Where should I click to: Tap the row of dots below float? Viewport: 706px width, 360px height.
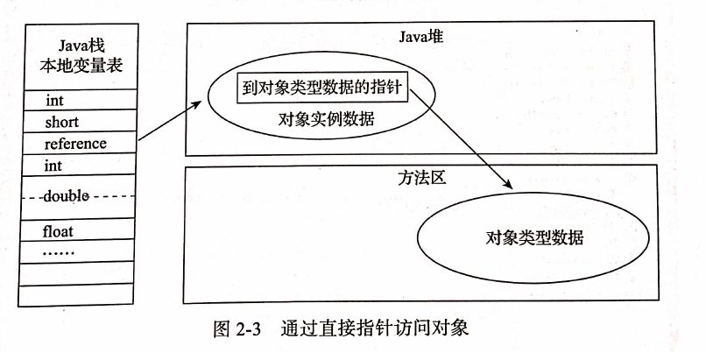(x=59, y=251)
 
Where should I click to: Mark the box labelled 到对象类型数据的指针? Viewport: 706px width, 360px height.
(x=321, y=88)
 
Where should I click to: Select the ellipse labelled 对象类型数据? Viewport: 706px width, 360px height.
(x=533, y=237)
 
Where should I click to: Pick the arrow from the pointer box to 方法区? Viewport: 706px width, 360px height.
(x=460, y=139)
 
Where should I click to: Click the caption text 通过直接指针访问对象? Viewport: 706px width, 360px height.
(x=377, y=330)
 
